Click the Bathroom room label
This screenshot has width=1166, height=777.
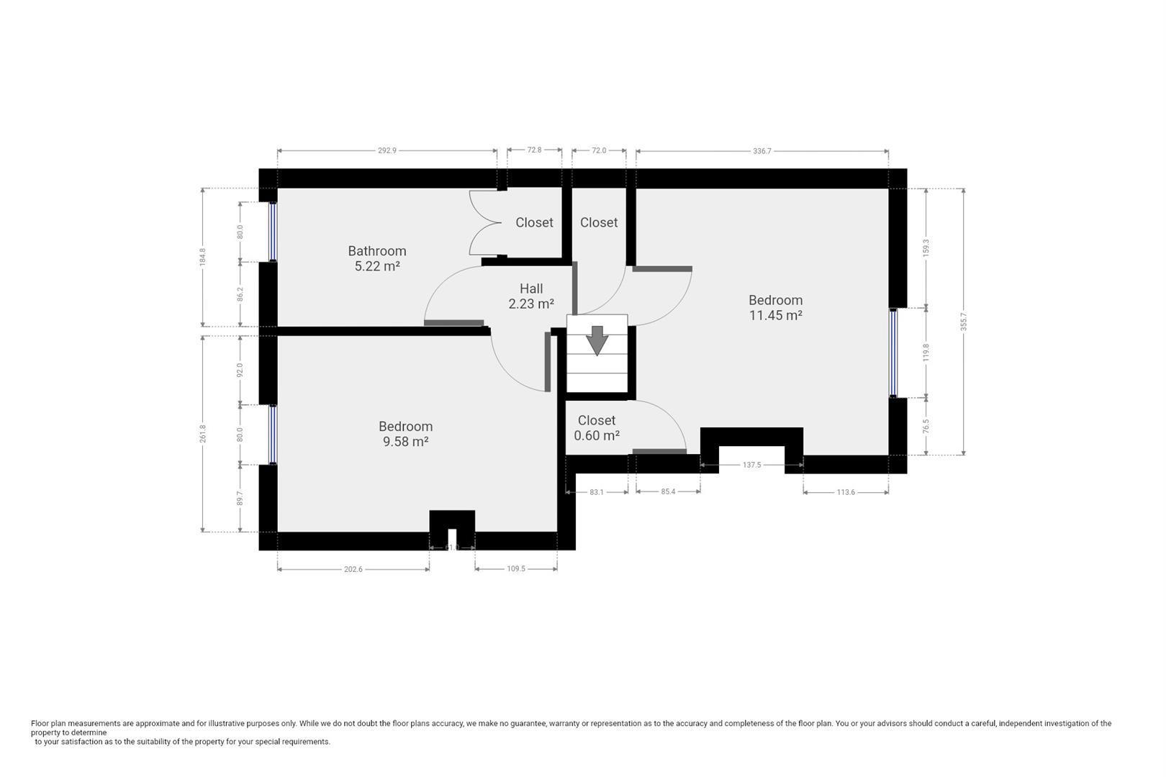(x=377, y=251)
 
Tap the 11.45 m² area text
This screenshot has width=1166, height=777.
(x=775, y=315)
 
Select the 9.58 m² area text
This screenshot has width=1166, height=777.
(x=405, y=441)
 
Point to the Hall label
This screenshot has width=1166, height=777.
(x=531, y=288)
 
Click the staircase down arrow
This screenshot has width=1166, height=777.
(x=597, y=340)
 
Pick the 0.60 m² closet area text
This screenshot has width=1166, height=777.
(x=597, y=435)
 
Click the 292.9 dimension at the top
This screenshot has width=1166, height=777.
(x=387, y=150)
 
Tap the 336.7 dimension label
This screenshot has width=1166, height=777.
(x=761, y=151)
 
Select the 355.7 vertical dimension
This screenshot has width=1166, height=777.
(x=963, y=322)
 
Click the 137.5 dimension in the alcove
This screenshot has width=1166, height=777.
(x=751, y=465)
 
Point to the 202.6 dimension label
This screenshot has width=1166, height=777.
(x=353, y=569)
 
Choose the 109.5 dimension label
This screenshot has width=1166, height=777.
(x=516, y=569)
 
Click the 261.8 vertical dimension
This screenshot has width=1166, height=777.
(x=202, y=434)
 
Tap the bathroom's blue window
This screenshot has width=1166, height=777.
(x=272, y=232)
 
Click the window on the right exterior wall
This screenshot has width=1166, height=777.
(x=893, y=353)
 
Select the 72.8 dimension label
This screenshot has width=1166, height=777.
(x=534, y=150)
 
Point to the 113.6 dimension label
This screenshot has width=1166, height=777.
(x=845, y=492)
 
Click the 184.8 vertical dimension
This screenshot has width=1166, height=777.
(x=202, y=257)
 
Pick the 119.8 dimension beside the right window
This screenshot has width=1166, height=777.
(x=926, y=353)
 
